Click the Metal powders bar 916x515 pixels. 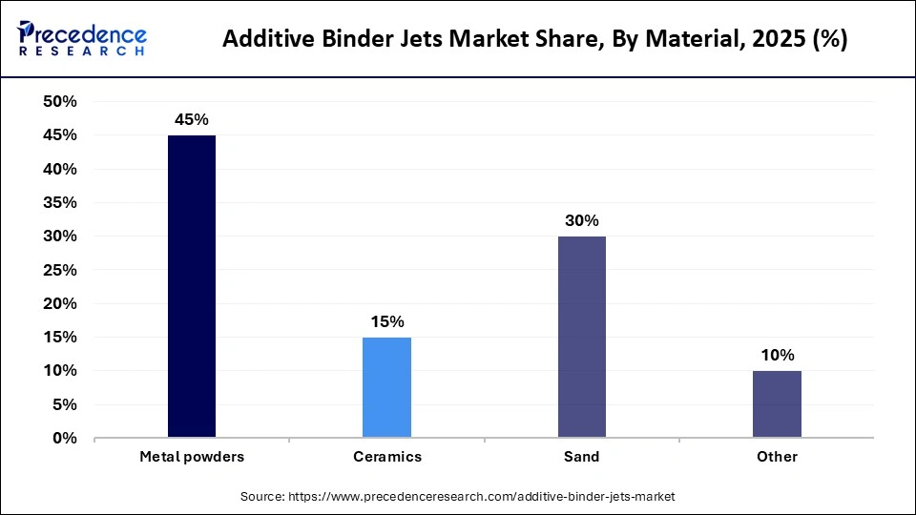click(192, 286)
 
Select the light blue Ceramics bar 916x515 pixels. click(386, 387)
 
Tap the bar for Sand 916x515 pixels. click(581, 337)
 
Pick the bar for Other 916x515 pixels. click(777, 404)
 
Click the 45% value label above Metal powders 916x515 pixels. click(192, 120)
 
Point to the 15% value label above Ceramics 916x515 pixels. click(386, 321)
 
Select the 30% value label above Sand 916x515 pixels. click(581, 220)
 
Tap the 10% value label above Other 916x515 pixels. click(777, 355)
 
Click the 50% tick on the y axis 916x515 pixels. click(60, 102)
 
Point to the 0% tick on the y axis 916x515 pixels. click(65, 439)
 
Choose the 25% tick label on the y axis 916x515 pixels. click(60, 270)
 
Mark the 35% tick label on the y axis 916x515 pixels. click(60, 203)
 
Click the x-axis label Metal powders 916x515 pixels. click(192, 457)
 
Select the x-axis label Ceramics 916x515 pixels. click(386, 457)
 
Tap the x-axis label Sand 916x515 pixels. click(581, 457)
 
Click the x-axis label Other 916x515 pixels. click(777, 457)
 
